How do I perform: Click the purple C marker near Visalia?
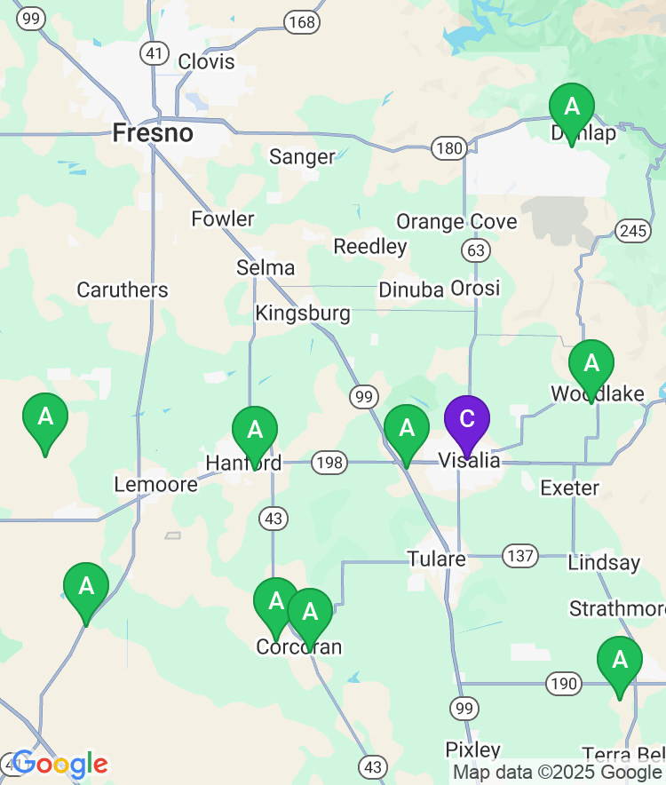point(466,421)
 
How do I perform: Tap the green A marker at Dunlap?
point(572,108)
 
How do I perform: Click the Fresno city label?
point(153,133)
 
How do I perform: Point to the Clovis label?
point(206,61)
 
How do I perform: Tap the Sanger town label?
point(302,157)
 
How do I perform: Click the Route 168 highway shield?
point(302,21)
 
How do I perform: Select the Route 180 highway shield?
point(448,147)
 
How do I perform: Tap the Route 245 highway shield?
point(631,231)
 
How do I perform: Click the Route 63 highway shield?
point(477,250)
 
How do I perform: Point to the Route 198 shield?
point(329,462)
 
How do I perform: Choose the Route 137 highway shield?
point(519,557)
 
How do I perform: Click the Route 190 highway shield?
point(564,684)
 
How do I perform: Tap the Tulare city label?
point(436,559)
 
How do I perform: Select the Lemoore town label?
point(156,484)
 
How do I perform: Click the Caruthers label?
point(122,289)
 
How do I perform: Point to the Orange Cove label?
point(456,221)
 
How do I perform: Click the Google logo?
point(59,764)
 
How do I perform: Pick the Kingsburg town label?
point(303,313)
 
